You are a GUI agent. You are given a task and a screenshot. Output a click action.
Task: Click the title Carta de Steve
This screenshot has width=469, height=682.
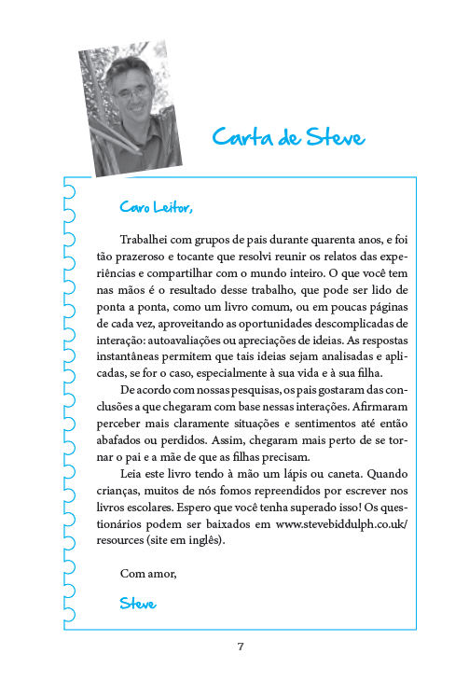(x=288, y=137)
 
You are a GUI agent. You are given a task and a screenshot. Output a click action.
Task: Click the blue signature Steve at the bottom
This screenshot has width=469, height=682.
(x=138, y=603)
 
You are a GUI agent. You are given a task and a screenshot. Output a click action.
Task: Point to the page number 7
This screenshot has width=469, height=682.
(x=241, y=647)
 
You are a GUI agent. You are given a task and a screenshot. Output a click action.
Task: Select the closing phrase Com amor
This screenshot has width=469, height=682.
(x=148, y=571)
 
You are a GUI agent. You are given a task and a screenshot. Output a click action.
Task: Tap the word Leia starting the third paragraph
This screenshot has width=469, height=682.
(x=135, y=473)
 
